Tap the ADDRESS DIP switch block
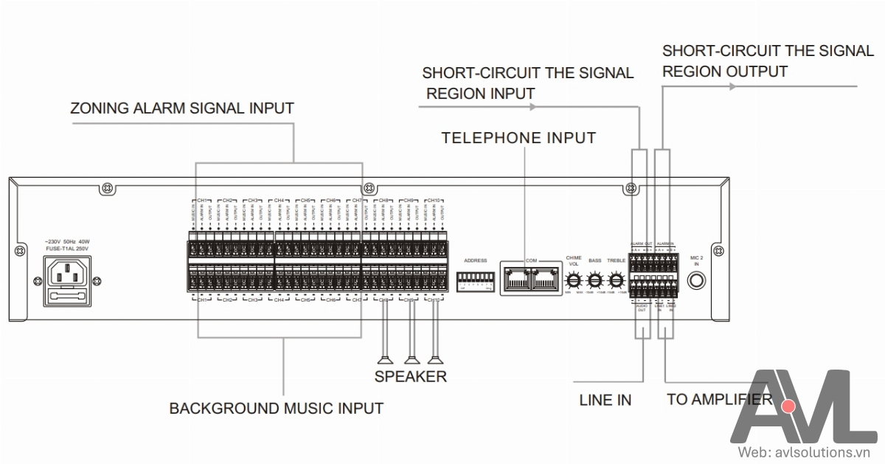pyautogui.click(x=475, y=280)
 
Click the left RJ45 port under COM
pyautogui.click(x=516, y=278)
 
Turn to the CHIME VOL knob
pyautogui.click(x=574, y=280)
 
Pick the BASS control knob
pyautogui.click(x=595, y=280)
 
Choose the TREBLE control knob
pyautogui.click(x=617, y=280)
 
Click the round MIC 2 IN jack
pyautogui.click(x=696, y=280)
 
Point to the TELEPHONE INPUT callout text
pyautogui.click(x=518, y=138)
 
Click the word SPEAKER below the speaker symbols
pyautogui.click(x=411, y=376)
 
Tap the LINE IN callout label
pyautogui.click(x=605, y=401)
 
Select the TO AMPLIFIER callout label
pyautogui.click(x=719, y=400)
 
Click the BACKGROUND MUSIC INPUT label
pyautogui.click(x=277, y=408)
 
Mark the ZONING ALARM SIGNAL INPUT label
pyautogui.click(x=182, y=108)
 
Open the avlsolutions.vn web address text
pyautogui.click(x=808, y=451)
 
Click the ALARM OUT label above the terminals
pyautogui.click(x=641, y=243)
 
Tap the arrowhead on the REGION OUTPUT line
pyautogui.click(x=732, y=86)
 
